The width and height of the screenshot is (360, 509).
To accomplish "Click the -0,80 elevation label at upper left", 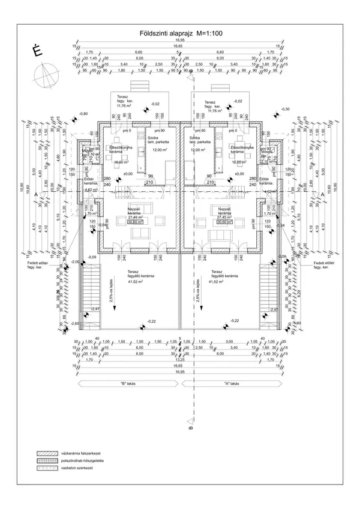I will click(83, 113).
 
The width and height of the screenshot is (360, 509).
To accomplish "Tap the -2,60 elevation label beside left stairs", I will click(75, 323).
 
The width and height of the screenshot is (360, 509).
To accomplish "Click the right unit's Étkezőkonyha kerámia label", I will click(242, 148).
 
